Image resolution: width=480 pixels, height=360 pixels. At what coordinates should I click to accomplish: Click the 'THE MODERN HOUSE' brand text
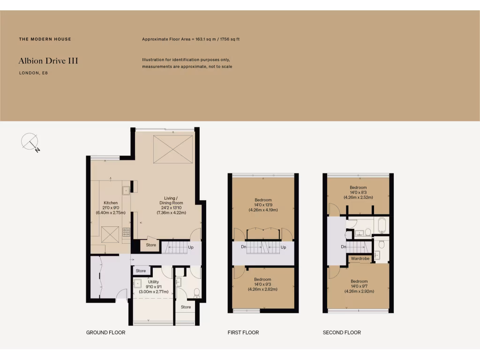[45, 39]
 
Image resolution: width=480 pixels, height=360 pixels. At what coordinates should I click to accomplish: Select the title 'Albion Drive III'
[48, 61]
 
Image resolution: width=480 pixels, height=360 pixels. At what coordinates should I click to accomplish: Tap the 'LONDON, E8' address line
[33, 73]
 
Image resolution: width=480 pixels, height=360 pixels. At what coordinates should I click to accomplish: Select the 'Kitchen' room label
[111, 203]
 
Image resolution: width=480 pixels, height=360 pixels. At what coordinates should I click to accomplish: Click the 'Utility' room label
[153, 282]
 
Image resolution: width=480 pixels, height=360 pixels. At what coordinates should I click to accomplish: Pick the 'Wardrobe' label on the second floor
[360, 259]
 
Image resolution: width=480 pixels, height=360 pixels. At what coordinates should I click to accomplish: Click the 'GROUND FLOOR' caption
[105, 332]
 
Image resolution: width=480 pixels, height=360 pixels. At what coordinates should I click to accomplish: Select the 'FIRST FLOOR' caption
[243, 332]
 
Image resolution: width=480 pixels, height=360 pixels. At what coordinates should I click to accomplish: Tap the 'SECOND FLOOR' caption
[342, 332]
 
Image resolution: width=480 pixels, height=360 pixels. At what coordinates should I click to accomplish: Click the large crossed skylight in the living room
[173, 149]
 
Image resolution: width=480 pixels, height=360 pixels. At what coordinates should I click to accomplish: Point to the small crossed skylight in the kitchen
[111, 233]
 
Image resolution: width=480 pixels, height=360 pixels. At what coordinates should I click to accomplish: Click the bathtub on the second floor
[382, 225]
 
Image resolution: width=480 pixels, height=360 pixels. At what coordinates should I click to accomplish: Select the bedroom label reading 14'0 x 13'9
[263, 205]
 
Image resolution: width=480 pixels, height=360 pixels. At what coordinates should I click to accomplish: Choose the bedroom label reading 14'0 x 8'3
[358, 192]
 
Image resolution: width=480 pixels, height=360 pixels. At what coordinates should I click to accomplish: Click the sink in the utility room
[138, 284]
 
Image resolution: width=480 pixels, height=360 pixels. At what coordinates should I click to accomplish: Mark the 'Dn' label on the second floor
[343, 247]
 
